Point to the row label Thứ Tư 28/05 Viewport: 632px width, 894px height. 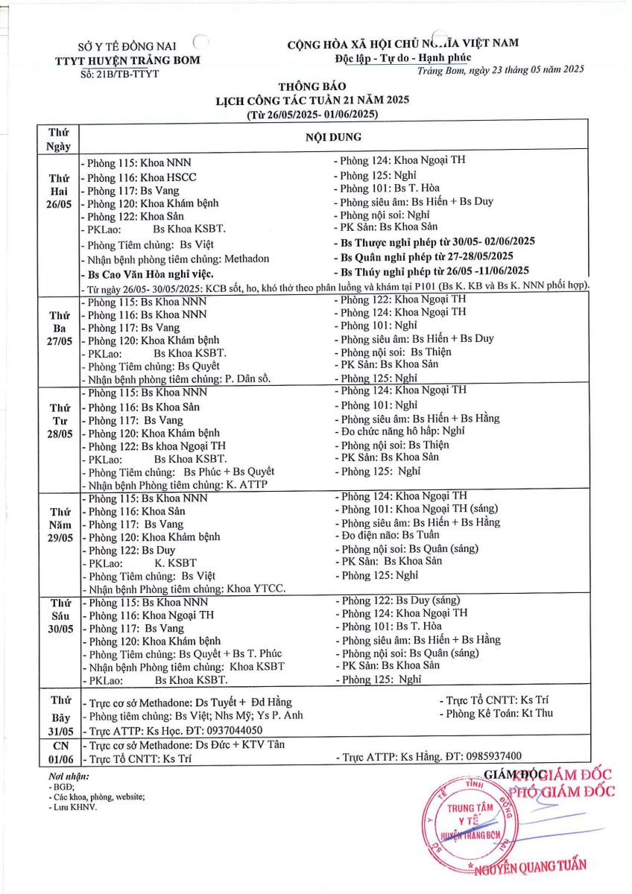click(58, 421)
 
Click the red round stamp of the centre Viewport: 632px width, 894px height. click(470, 823)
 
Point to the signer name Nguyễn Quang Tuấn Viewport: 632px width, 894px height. click(528, 866)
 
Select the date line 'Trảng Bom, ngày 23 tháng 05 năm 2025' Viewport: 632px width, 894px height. click(501, 69)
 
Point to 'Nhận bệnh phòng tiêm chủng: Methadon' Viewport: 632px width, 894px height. click(174, 259)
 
